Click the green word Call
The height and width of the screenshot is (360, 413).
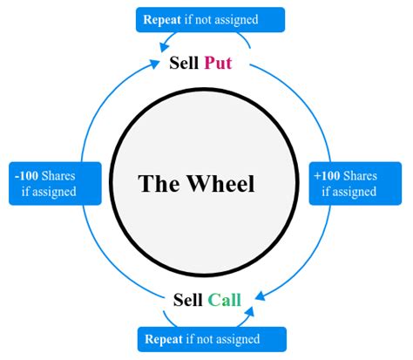[224, 300]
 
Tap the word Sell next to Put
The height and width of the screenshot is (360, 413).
[184, 63]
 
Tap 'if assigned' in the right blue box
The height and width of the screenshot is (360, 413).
[355, 191]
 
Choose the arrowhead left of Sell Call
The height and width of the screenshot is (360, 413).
[162, 302]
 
